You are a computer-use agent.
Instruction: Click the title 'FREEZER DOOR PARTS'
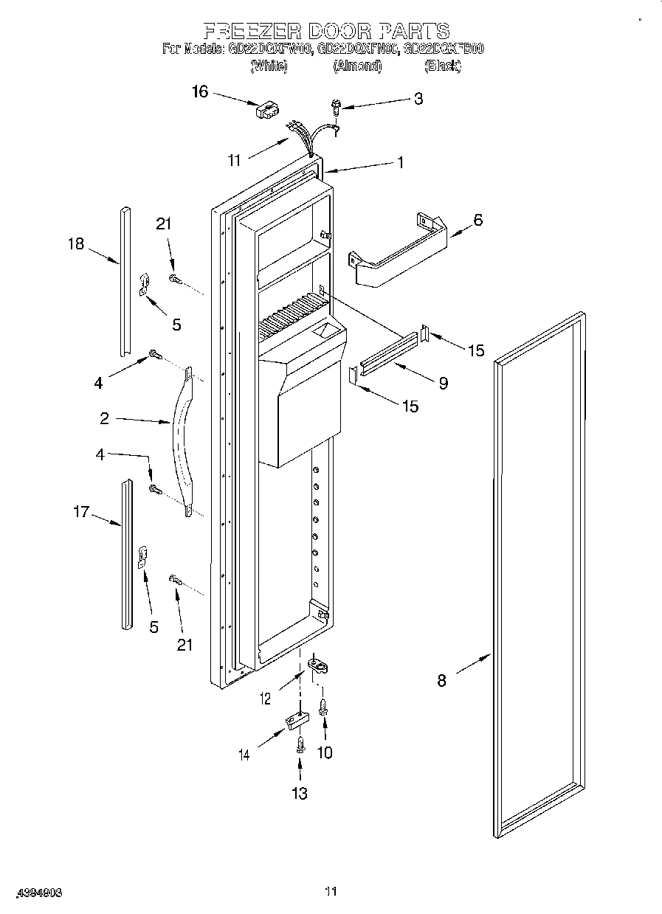(326, 30)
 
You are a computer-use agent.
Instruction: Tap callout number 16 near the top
(200, 91)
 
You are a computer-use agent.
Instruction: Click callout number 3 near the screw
(418, 98)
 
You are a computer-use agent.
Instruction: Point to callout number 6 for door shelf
(477, 220)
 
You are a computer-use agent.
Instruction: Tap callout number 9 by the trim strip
(443, 383)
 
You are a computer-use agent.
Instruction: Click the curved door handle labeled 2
(184, 443)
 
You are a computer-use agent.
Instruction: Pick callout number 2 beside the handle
(105, 418)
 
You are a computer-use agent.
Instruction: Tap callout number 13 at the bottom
(299, 794)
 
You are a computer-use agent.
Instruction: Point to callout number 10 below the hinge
(324, 752)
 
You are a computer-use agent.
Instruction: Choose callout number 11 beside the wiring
(235, 160)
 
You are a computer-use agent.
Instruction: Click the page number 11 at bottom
(331, 891)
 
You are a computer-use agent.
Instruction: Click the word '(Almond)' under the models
(357, 66)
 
